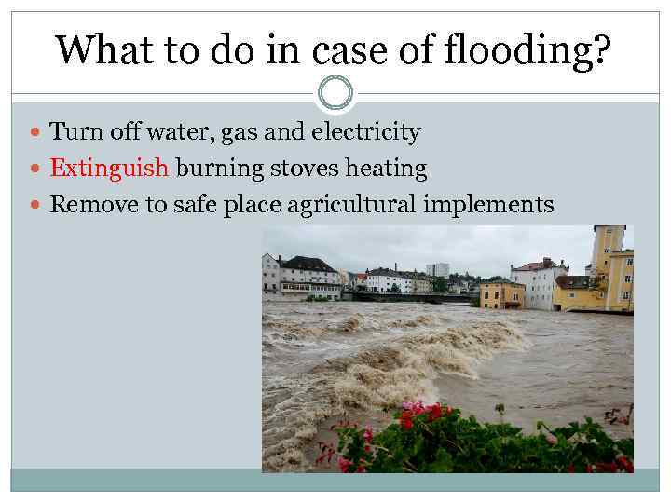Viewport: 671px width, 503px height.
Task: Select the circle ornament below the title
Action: click(335, 92)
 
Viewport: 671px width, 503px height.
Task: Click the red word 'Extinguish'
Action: click(109, 169)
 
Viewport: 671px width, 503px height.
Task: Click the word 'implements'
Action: click(488, 205)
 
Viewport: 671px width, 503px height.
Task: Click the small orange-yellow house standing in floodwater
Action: click(502, 294)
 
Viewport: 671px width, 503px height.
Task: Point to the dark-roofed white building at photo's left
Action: click(308, 277)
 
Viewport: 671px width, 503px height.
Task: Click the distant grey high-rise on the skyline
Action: click(438, 269)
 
